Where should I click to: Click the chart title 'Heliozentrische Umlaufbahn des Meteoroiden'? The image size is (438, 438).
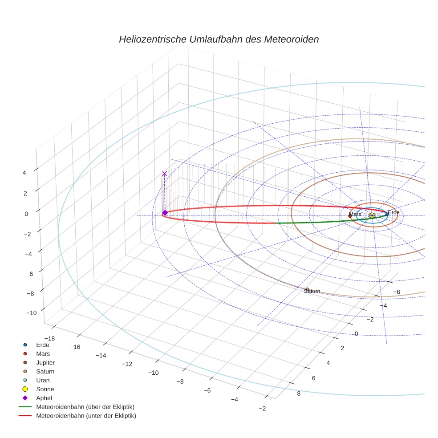(219, 39)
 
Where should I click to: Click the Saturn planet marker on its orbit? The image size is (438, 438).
(307, 289)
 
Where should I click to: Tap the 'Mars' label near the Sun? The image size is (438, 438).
(355, 215)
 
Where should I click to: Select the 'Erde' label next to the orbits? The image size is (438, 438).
(393, 212)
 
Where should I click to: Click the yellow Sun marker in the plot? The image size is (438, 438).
(372, 215)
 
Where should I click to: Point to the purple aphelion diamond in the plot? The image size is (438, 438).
(165, 213)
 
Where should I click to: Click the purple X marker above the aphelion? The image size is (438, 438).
(164, 174)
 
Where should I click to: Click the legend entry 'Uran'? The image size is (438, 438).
(43, 380)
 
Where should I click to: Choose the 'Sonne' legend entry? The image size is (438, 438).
(45, 389)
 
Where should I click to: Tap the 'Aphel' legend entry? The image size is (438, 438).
(44, 398)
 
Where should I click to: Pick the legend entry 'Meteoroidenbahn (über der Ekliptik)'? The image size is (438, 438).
(85, 407)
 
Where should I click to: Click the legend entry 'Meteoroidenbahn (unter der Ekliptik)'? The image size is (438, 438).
(86, 416)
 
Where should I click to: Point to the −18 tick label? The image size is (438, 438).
(49, 339)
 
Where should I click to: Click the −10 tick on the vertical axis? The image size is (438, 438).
(31, 313)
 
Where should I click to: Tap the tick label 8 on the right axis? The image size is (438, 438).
(298, 393)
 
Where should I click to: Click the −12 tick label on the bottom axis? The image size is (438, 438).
(127, 364)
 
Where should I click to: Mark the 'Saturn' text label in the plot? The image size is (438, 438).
(312, 291)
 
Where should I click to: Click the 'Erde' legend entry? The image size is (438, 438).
(43, 345)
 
